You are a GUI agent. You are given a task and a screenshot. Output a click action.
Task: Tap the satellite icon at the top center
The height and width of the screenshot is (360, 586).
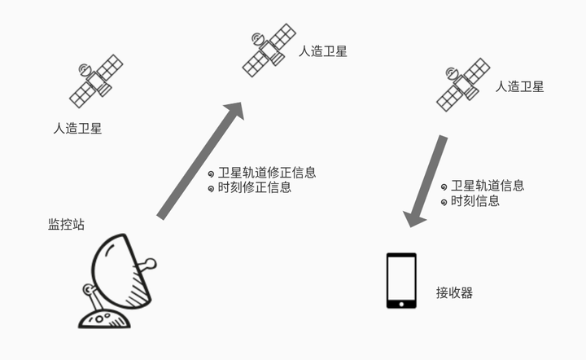point(269,48)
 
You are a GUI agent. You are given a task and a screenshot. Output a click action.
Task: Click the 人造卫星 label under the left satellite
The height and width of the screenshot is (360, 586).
point(77,128)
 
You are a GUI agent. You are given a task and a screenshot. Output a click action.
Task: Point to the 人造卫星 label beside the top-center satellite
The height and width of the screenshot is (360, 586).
point(323,51)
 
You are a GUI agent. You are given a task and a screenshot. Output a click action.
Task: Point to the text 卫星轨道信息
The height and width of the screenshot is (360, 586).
point(488,186)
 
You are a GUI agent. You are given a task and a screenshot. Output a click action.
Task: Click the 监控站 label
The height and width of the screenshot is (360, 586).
point(65,225)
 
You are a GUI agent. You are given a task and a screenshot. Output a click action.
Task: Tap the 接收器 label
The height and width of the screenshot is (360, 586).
point(454,292)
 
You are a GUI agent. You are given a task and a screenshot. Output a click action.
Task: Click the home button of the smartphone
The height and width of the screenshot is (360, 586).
point(400,305)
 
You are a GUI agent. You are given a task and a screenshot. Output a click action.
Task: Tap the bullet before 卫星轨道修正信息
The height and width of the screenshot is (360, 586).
point(212,173)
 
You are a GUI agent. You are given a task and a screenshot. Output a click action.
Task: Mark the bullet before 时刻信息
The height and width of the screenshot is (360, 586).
point(444,201)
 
